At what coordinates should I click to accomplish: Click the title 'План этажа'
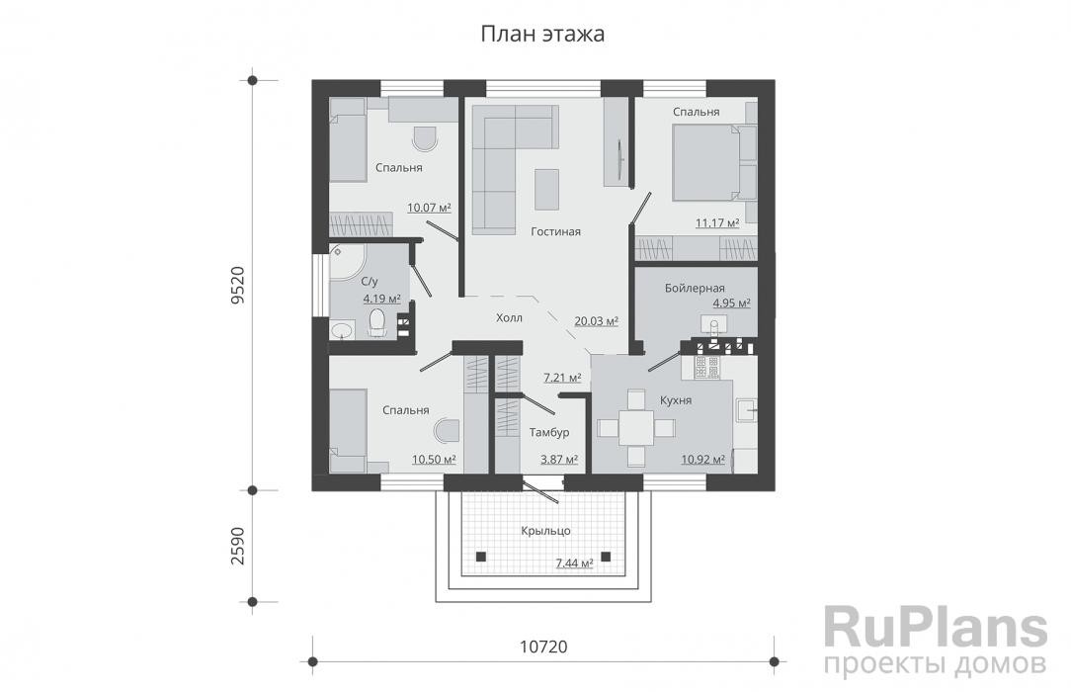tap(542, 34)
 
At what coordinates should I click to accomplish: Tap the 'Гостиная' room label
tap(556, 231)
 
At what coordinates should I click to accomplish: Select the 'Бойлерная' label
tap(695, 289)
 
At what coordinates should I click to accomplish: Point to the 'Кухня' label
tap(676, 400)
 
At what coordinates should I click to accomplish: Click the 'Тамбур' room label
tap(549, 432)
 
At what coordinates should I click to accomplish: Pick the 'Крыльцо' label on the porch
tap(545, 531)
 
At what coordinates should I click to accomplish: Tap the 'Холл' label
tap(509, 317)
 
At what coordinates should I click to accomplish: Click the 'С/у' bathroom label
tap(369, 282)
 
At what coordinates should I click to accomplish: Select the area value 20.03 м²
tap(597, 321)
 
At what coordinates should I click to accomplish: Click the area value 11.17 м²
tap(717, 222)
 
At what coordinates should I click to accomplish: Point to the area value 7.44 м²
tap(574, 562)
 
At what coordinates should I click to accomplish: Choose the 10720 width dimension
tap(543, 647)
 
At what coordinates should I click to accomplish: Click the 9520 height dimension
tap(238, 285)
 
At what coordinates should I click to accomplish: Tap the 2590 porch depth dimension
tap(238, 545)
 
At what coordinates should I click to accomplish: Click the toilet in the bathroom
tap(377, 322)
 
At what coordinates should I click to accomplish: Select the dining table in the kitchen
tap(636, 428)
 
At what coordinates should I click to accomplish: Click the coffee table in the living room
tap(546, 189)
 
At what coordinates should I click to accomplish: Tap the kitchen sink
tap(746, 410)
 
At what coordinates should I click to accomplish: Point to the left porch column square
tap(481, 556)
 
